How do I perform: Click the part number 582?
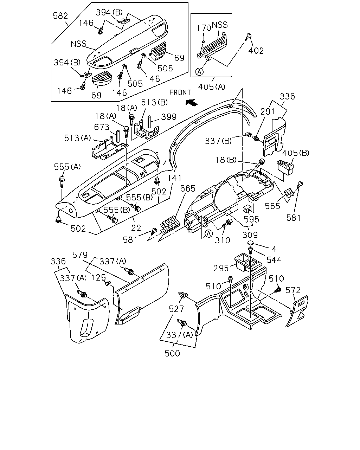60,16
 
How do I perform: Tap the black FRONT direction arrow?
191,102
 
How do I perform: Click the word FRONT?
180,92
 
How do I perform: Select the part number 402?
256,51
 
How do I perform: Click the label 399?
169,117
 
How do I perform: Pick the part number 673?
102,127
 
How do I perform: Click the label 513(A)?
77,138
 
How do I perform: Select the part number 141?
175,178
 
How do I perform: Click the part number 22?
136,228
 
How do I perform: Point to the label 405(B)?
296,153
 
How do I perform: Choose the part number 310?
223,240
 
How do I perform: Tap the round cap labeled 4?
250,243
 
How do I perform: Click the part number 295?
221,268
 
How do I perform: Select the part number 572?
293,290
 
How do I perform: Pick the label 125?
98,278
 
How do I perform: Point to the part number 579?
80,255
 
